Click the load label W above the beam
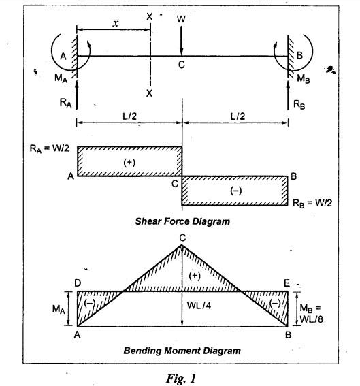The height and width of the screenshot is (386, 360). pyautogui.click(x=181, y=19)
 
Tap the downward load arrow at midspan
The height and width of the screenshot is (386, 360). pyautogui.click(x=181, y=41)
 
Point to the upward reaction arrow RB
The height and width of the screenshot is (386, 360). pyautogui.click(x=288, y=95)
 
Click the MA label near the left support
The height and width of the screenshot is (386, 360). pyautogui.click(x=61, y=78)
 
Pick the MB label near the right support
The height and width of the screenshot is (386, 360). pyautogui.click(x=303, y=78)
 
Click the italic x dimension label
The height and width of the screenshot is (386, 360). pyautogui.click(x=116, y=23)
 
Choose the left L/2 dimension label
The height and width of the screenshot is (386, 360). pyautogui.click(x=129, y=116)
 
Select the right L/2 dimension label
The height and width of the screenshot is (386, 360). pyautogui.click(x=238, y=116)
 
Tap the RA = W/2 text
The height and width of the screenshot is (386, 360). pyautogui.click(x=50, y=148)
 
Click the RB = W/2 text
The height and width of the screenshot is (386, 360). pyautogui.click(x=312, y=203)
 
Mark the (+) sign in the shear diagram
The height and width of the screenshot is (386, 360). pyautogui.click(x=129, y=163)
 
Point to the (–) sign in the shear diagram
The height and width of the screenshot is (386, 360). pyautogui.click(x=235, y=191)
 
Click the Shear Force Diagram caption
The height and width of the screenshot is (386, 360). pyautogui.click(x=182, y=221)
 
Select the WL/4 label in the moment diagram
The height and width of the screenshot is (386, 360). pyautogui.click(x=199, y=306)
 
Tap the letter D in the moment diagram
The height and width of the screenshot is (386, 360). pyautogui.click(x=78, y=283)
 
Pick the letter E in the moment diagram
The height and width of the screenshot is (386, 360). pyautogui.click(x=287, y=284)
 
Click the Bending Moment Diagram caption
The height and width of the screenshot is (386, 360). pyautogui.click(x=182, y=351)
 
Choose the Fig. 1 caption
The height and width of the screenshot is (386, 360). pyautogui.click(x=181, y=378)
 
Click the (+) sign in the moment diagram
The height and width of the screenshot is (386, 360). pyautogui.click(x=195, y=276)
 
